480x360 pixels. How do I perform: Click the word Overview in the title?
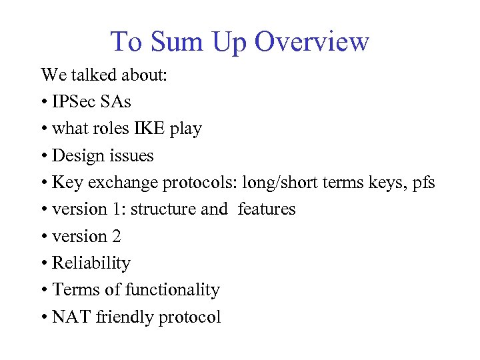click(312, 42)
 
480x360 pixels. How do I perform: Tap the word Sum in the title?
click(178, 42)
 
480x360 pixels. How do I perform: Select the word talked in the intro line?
click(93, 75)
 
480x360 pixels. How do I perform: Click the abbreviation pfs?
click(421, 183)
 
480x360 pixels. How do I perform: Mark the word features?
click(266, 209)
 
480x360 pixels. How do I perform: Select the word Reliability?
click(91, 263)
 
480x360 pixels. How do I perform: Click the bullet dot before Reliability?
click(44, 264)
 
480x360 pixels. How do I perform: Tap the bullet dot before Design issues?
click(44, 157)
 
